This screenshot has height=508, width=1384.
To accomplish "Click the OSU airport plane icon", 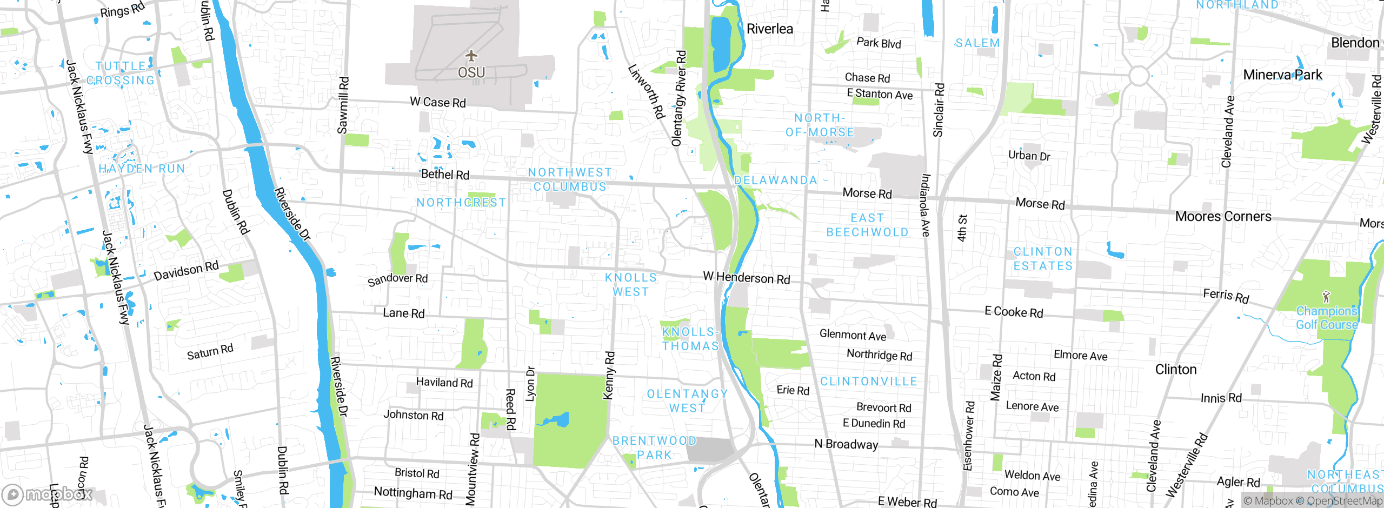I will [471, 56].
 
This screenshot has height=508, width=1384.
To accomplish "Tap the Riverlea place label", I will [769, 29].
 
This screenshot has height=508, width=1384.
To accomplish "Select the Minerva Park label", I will [1282, 75].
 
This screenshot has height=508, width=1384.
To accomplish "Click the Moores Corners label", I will [1223, 217].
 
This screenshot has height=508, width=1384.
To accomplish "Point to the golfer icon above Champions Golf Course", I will [1326, 297].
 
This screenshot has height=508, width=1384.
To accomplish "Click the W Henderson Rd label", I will [746, 278].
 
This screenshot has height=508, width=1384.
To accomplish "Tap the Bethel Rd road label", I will [445, 175].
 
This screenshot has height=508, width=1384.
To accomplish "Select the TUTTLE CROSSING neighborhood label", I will [121, 73].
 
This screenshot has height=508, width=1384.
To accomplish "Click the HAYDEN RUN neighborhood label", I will [142, 169].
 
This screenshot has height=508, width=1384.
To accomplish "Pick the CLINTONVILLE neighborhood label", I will [868, 382].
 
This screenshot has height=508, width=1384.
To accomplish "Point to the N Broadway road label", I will [846, 444].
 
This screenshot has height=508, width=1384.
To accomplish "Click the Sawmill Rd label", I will [343, 105].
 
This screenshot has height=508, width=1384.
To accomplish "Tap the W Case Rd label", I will [437, 102].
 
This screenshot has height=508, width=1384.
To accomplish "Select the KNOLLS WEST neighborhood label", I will [630, 285].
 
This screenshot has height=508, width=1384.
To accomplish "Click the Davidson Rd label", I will [186, 271].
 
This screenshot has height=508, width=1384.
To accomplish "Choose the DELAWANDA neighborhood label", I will [775, 181].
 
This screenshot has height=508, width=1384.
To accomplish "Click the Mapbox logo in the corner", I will [48, 494].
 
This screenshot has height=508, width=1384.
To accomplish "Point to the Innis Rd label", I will [1221, 399].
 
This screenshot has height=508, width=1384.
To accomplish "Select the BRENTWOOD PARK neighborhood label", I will [654, 448].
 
